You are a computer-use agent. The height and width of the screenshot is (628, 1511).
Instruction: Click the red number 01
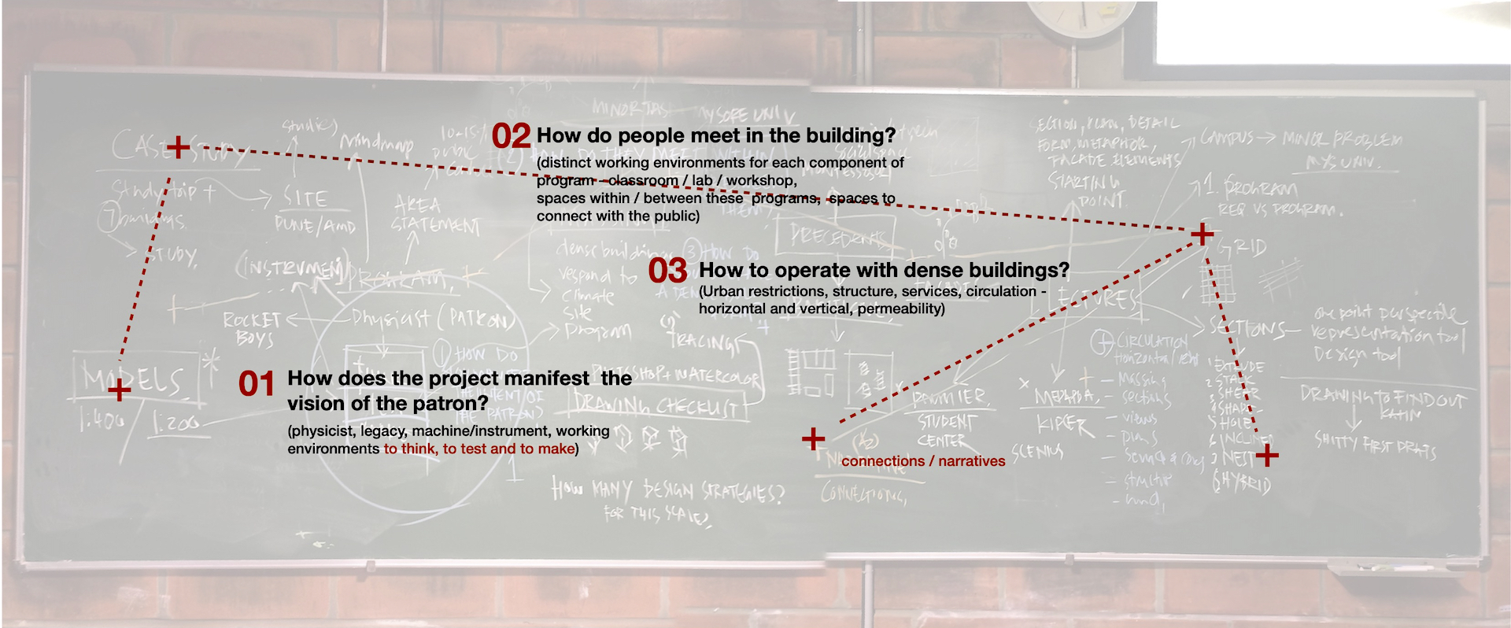point(257,384)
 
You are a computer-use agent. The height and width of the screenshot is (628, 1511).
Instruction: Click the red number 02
point(511,136)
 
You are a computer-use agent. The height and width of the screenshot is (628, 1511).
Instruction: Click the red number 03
point(667,271)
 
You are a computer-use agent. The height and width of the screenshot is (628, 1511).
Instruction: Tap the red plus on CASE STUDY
point(179,146)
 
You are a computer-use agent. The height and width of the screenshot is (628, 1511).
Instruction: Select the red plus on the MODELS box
point(119,390)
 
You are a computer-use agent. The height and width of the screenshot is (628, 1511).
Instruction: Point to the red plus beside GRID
point(1202,234)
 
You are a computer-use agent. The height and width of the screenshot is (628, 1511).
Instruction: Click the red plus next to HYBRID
point(1267,455)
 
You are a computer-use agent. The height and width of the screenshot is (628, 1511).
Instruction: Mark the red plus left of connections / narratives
point(813,438)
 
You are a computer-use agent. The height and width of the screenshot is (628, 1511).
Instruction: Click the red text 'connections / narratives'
point(923,461)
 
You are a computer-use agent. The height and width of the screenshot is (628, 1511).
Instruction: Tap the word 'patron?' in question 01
point(458,404)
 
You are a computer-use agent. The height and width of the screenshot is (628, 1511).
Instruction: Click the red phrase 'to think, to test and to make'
point(478,449)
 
